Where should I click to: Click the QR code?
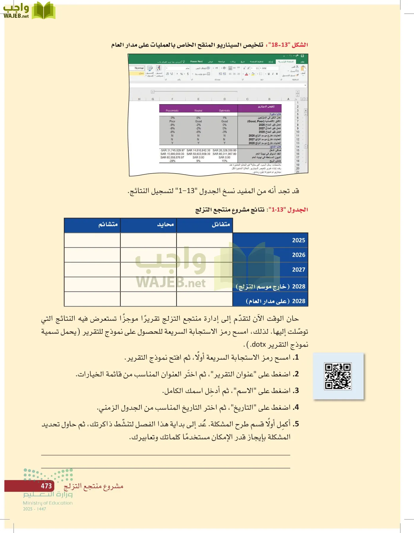[x=338, y=376]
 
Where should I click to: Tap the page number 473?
[x=46, y=486]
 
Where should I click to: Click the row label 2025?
[x=298, y=240]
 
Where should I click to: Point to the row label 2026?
[x=298, y=255]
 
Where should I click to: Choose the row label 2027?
[x=298, y=270]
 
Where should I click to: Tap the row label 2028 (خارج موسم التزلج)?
[x=270, y=287]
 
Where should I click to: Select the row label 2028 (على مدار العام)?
[x=276, y=301]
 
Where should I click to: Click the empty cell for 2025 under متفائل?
[x=204, y=240]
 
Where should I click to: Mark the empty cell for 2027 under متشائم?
[x=92, y=269]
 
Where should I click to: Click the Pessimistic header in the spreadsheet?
[x=172, y=111]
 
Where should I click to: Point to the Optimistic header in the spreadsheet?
[x=224, y=111]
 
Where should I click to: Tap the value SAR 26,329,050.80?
[x=224, y=150]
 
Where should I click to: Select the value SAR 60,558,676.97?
[x=172, y=158]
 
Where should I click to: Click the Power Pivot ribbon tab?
[x=196, y=62]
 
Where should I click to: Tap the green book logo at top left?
[x=44, y=10]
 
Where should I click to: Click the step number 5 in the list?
[x=296, y=424]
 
